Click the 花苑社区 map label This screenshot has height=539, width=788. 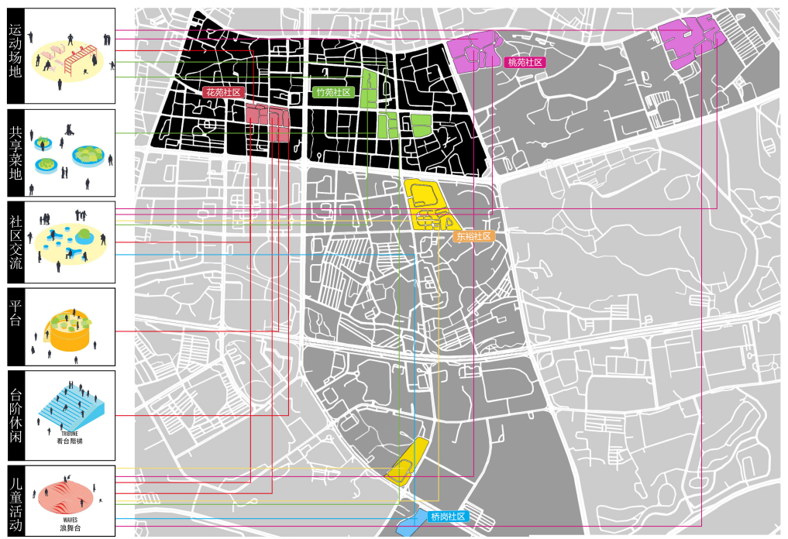click(x=224, y=92)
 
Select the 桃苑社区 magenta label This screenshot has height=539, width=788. click(x=525, y=63)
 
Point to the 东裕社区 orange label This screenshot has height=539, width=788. click(x=473, y=235)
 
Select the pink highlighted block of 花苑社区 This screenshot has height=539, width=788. click(x=267, y=122)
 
